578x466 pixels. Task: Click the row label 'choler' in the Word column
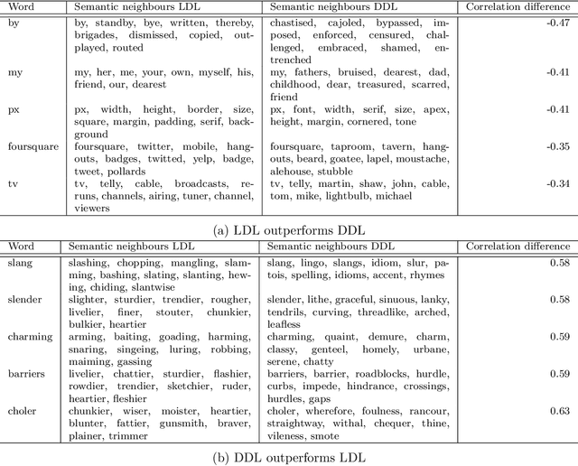pyautogui.click(x=23, y=411)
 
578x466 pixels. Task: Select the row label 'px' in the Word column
pyautogui.click(x=14, y=110)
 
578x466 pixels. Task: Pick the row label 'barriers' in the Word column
pyautogui.click(x=27, y=373)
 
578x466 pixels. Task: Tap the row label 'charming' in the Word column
pyautogui.click(x=30, y=336)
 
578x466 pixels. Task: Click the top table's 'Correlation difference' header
pyautogui.click(x=518, y=6)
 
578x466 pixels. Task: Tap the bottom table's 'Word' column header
pyautogui.click(x=20, y=246)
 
